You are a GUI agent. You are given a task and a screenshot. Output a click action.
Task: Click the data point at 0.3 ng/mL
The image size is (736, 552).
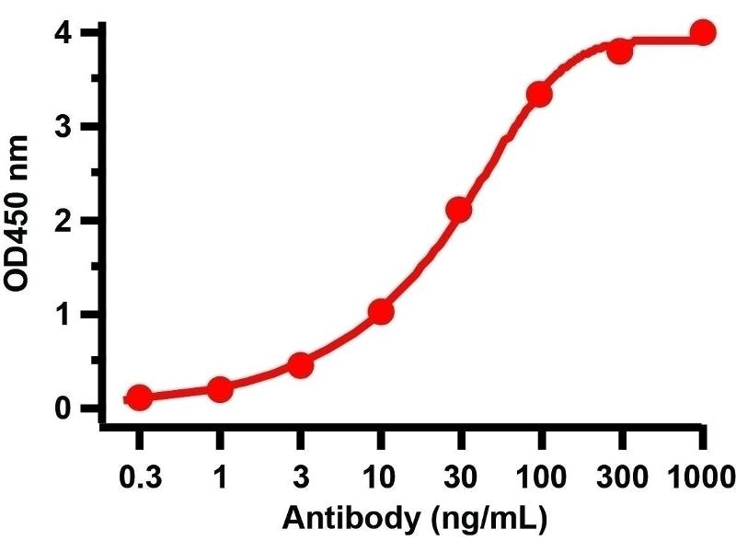tap(139, 397)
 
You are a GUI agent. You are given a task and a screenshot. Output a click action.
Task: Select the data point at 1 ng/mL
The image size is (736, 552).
tap(220, 389)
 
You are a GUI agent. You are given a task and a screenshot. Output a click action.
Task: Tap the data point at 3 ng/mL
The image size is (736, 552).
tap(300, 365)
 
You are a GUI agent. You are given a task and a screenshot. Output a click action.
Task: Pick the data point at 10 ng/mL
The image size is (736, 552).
tap(381, 312)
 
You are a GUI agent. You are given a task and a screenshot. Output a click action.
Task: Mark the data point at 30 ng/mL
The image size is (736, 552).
tap(459, 211)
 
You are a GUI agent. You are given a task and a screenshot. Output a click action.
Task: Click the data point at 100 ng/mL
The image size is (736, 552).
tap(539, 95)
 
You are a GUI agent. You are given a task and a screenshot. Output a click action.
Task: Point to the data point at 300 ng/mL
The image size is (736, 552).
tap(620, 51)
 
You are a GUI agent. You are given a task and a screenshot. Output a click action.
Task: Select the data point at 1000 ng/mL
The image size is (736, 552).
tap(703, 33)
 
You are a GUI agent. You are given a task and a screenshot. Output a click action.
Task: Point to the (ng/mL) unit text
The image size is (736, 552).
tap(488, 521)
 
